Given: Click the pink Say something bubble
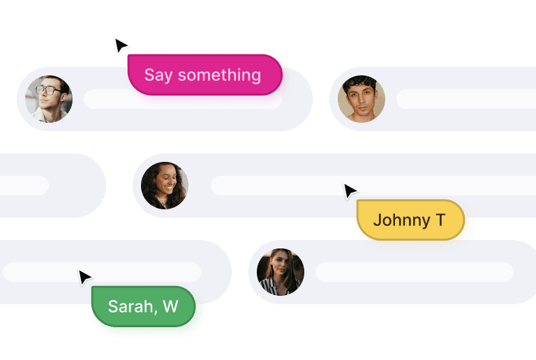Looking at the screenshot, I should point(204,75).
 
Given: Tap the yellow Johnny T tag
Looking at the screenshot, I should point(410,220).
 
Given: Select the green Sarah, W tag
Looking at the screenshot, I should point(143,306).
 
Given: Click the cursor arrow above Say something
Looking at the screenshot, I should point(121,47).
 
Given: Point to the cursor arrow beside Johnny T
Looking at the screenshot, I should point(350,191).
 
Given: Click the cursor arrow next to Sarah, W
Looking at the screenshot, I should point(84,278).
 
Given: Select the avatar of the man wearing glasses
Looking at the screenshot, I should point(49,99).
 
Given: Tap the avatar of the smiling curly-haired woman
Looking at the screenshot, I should point(165,186).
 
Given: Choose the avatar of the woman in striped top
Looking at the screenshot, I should point(281,272).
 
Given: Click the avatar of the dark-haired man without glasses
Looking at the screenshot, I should point(362,99).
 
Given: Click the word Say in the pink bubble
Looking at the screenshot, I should point(158,75).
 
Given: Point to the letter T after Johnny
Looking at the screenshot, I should point(440,220).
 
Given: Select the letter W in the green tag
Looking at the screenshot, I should point(170,306).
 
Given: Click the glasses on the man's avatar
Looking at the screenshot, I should point(48,90).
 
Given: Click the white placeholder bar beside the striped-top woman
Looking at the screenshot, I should point(415,272).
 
